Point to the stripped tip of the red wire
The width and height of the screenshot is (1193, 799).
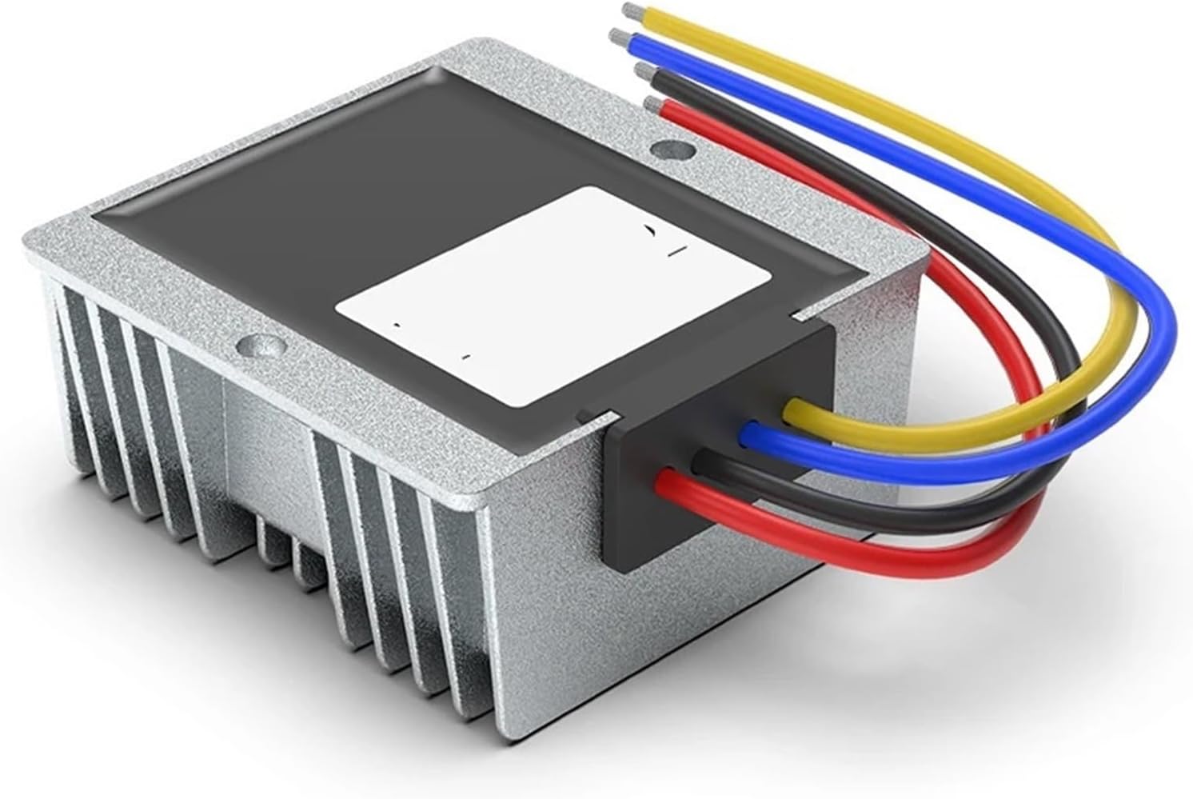pos(652,104)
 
